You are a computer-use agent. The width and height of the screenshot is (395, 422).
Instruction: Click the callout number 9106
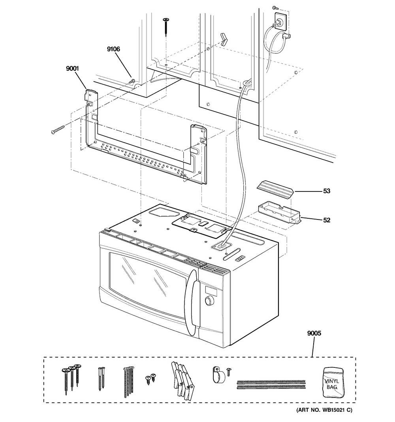coord(113,49)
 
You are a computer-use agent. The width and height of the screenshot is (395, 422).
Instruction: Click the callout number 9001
coord(72,69)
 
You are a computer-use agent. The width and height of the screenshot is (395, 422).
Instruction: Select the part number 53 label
coord(327,191)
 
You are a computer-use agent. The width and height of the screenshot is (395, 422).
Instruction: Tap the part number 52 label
coord(327,220)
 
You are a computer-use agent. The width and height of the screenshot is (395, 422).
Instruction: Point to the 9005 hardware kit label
coord(314,333)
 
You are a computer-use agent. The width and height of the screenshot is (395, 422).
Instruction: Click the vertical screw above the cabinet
coord(166,27)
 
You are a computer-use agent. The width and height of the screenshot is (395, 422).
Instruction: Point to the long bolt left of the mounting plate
coord(58,129)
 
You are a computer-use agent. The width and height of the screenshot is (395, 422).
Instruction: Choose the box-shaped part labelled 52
coord(280,214)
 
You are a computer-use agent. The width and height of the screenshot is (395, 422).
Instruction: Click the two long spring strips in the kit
coord(271,384)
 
